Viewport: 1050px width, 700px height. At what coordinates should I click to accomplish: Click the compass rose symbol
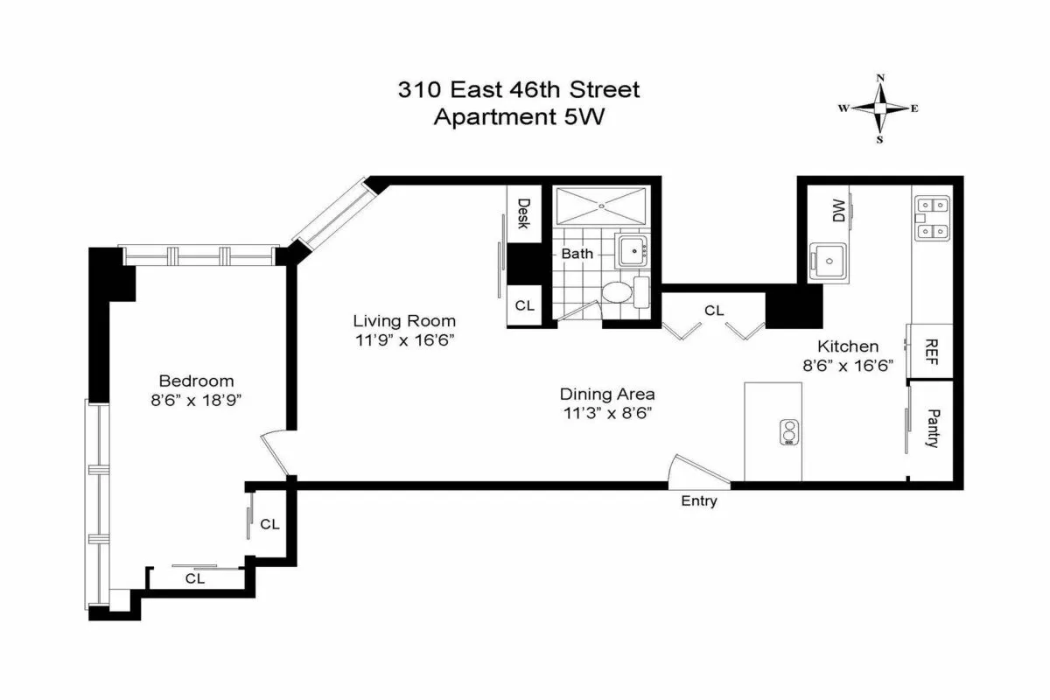click(x=880, y=108)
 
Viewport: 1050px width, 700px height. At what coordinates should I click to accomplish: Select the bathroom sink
click(x=632, y=251)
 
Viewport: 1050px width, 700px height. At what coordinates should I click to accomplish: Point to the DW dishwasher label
click(x=838, y=210)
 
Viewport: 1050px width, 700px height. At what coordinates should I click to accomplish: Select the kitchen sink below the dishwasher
click(x=828, y=262)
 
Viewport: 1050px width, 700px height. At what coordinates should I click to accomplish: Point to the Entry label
click(x=699, y=501)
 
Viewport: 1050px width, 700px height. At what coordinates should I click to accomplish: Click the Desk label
click(x=523, y=213)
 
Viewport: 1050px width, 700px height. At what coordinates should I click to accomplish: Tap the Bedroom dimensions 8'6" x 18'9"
click(x=196, y=400)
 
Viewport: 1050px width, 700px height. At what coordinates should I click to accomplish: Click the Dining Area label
click(x=607, y=394)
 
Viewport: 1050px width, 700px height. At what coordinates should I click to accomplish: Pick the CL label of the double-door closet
click(x=714, y=310)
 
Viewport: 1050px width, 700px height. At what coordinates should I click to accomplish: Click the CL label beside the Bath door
click(x=524, y=305)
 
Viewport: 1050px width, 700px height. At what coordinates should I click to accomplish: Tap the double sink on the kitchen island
click(x=789, y=432)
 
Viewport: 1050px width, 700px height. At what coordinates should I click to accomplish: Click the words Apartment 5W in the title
click(x=519, y=116)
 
